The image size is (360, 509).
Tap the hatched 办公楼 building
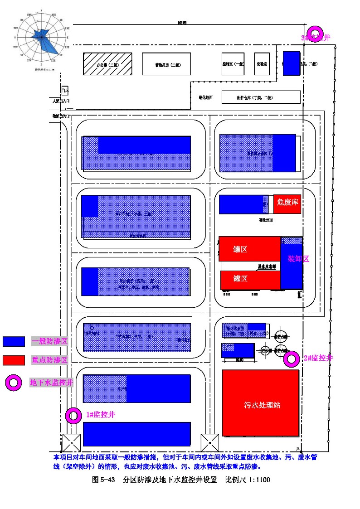107,64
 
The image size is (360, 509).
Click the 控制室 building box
234,64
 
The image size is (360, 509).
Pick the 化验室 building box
262,64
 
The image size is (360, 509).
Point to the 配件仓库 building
261,97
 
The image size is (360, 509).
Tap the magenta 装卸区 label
298,259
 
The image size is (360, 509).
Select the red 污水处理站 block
261,403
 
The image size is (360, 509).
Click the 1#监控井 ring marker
73,415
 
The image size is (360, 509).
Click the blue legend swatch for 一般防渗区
14,341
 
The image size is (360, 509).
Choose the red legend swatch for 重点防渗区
14,360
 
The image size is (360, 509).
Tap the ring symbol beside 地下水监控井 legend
14,383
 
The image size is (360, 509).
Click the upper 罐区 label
240,249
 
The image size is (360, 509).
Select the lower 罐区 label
240,278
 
